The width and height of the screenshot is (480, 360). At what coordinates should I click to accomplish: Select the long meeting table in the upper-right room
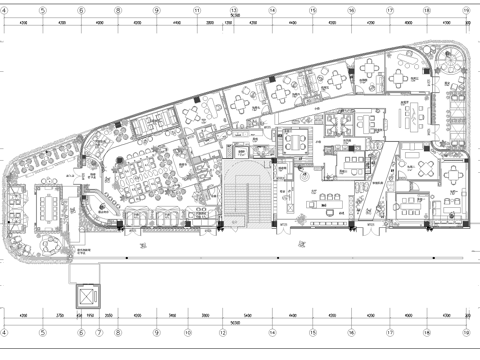pos(411,118)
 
